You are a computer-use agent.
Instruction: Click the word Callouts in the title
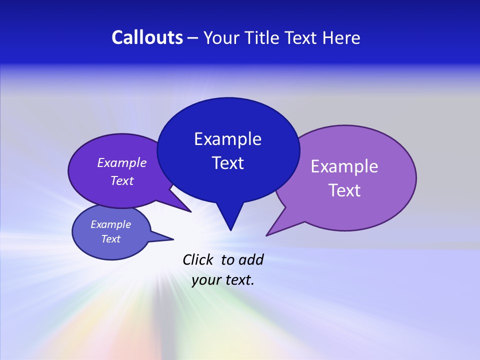coord(147,37)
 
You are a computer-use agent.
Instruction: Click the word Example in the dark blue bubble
coord(227,139)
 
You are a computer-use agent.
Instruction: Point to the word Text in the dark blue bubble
coord(227,163)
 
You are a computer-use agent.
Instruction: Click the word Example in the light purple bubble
coord(344,166)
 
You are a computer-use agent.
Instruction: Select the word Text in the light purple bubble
coord(344,190)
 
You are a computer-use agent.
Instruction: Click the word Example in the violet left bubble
coord(122,162)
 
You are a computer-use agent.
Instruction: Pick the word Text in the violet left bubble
coord(122,180)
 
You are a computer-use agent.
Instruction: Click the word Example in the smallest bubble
coord(110,224)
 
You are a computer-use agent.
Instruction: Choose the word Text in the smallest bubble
coord(110,239)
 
